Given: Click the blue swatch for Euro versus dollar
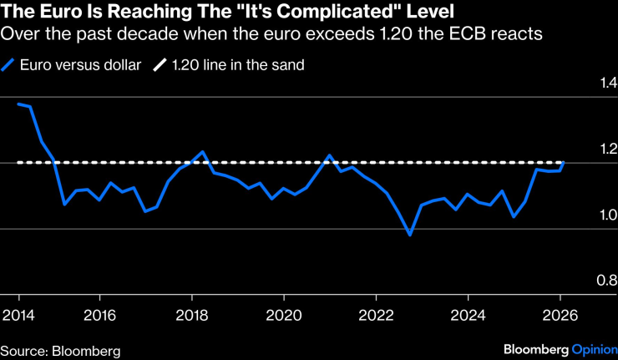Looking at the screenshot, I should pos(8,65).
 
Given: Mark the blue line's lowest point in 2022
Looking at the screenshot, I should pos(410,236).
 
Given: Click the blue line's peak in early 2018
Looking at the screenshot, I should pos(202,152).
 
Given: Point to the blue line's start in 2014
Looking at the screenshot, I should pos(18,104).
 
